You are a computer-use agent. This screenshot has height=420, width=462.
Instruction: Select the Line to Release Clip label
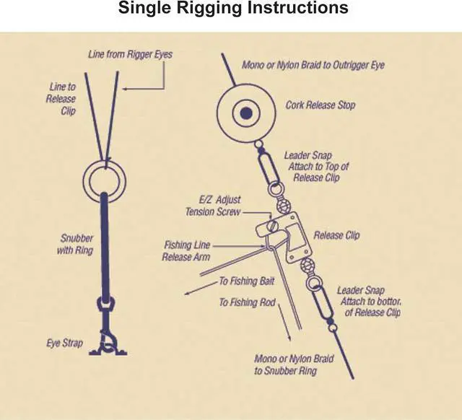pos(61,99)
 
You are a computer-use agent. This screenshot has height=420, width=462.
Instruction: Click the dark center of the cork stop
pos(246,113)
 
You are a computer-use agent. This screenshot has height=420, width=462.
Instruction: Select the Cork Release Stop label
pos(321,105)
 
